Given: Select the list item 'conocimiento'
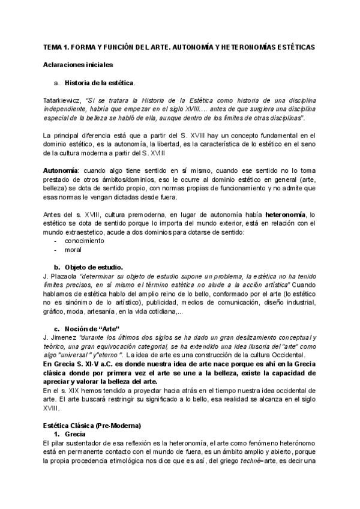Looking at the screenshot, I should pos(85,240).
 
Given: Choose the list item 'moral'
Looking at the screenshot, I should pos(74,249).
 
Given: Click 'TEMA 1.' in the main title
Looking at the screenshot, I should pos(59,46).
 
